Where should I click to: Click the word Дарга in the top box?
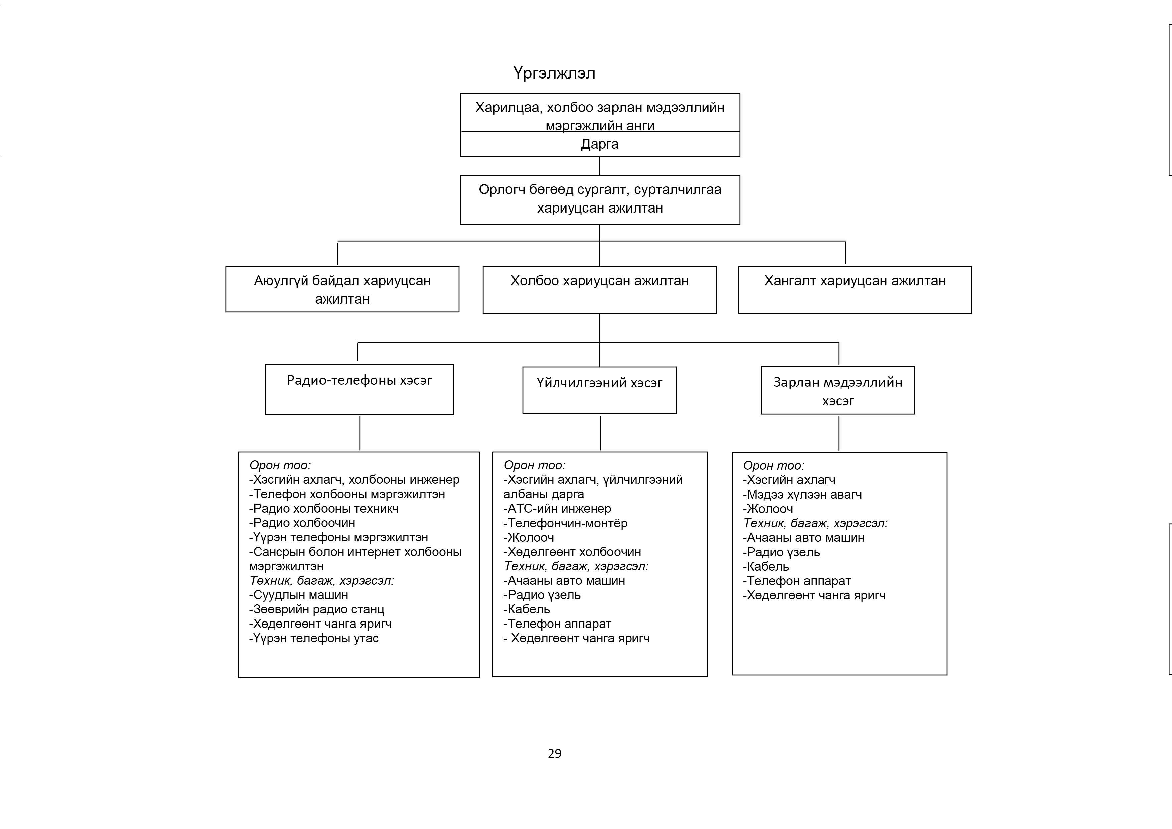600,144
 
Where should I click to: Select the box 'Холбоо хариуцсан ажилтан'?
600,290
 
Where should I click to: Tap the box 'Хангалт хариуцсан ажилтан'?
855,290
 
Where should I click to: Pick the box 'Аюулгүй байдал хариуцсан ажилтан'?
342,289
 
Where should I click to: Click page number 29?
554,754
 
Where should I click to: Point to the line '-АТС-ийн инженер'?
557,509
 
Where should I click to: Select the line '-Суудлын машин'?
299,595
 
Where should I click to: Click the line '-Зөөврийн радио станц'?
316,609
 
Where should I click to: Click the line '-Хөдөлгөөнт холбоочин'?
572,552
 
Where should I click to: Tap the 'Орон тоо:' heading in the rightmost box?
774,465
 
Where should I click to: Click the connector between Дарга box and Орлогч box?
600,166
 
